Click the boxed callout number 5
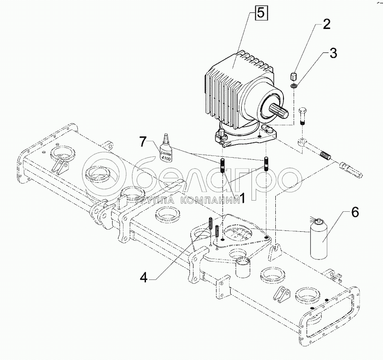pos(261,13)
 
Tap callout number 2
pos(326,24)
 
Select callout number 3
pos(333,53)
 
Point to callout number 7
pos(143,142)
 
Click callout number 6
pos(354,212)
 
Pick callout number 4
pos(144,277)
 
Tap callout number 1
pos(242,198)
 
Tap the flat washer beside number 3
pos(294,86)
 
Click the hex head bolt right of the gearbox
pos(302,116)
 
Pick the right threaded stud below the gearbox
pos(266,164)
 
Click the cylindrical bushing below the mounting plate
pos(243,267)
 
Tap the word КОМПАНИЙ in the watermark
pos(211,201)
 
